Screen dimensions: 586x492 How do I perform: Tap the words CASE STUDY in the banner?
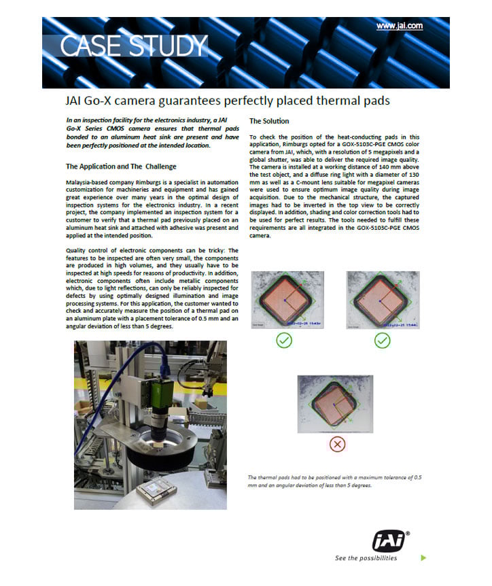tap(133, 46)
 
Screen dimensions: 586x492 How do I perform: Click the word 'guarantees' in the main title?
tap(196, 101)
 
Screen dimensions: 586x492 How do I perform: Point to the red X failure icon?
tap(336, 444)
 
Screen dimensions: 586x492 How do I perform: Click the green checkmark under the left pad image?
tap(284, 340)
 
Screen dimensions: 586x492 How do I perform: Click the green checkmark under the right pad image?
tap(382, 340)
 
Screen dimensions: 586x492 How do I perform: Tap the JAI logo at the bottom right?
tap(389, 540)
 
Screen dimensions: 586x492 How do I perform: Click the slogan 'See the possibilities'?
tap(366, 558)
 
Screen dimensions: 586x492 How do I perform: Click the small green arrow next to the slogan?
tap(423, 558)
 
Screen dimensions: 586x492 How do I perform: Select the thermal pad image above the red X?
tap(336, 403)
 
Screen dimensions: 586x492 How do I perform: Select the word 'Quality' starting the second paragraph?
tap(77, 250)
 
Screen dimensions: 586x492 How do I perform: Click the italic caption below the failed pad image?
tap(335, 481)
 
